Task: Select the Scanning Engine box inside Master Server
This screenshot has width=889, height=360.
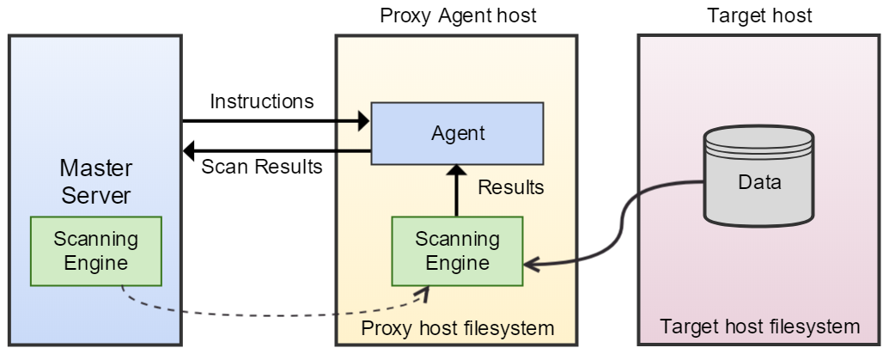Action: (95, 250)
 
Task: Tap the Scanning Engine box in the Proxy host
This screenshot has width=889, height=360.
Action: (456, 250)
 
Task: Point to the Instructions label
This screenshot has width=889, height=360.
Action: (261, 101)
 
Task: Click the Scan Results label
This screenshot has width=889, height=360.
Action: (261, 167)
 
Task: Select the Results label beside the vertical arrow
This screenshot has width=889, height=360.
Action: (510, 187)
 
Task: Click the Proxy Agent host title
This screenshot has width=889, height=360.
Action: (457, 15)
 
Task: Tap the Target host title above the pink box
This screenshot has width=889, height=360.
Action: (759, 15)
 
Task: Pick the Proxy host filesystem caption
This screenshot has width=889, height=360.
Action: (457, 328)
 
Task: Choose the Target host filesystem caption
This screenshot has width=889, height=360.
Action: (759, 326)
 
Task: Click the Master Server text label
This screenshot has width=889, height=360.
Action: (95, 180)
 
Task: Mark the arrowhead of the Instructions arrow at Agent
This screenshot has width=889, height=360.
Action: (362, 121)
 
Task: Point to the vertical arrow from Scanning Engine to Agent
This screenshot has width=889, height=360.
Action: (456, 193)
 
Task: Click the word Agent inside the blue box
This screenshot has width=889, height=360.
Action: (457, 134)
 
